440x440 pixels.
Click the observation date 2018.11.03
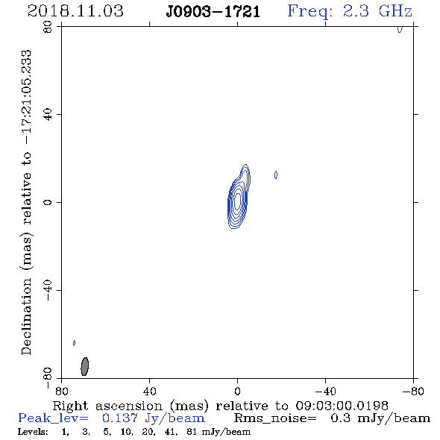[x=75, y=11]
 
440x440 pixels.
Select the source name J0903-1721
[x=213, y=12]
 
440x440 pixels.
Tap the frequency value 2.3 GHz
[x=377, y=11]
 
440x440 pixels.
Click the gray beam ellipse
[x=84, y=366]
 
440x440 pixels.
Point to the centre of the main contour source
[x=237, y=200]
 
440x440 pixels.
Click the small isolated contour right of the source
[x=276, y=175]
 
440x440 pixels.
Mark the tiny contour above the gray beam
[x=74, y=343]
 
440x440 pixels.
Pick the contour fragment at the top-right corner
[x=400, y=29]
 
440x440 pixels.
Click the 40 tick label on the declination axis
[x=48, y=114]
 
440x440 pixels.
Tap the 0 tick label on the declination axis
[x=48, y=202]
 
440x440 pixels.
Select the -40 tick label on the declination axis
[x=48, y=290]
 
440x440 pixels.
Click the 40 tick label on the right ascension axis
[x=149, y=392]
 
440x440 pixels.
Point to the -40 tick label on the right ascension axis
[x=325, y=392]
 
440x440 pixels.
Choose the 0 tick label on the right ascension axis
[x=237, y=392]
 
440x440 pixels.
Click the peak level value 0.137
[x=120, y=418]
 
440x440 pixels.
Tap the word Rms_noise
[x=274, y=418]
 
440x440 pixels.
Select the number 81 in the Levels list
[x=192, y=432]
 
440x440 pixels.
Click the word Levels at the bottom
[x=33, y=432]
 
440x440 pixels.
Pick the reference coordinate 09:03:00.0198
[x=342, y=406]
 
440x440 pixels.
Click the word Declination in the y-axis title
[x=26, y=317]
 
